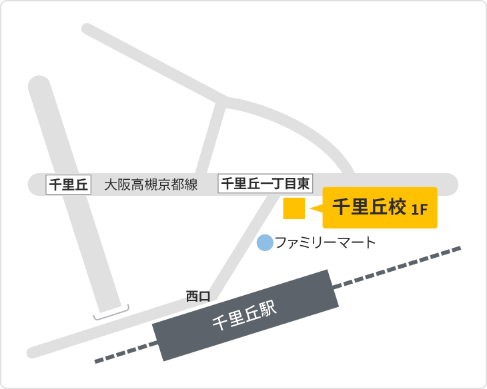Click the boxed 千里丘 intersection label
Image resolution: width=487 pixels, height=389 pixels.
point(68,185)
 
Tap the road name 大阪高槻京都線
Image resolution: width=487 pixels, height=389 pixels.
point(151,185)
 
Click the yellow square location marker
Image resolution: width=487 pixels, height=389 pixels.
point(294,208)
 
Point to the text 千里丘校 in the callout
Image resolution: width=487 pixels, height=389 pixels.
point(369,208)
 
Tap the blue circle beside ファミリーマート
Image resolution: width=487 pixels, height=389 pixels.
point(265,242)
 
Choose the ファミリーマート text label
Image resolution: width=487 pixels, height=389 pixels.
point(326,242)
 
